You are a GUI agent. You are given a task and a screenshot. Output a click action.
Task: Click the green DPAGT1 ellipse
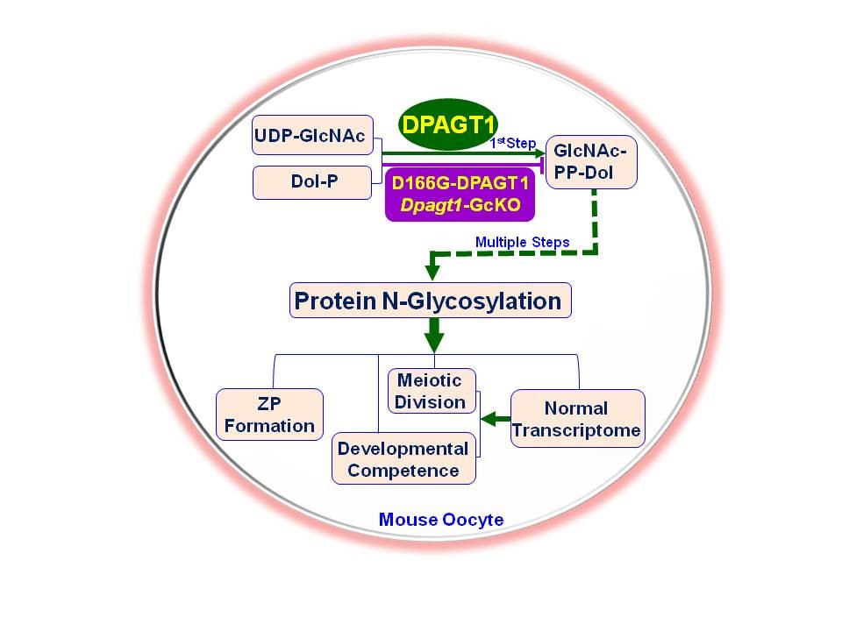tap(448, 124)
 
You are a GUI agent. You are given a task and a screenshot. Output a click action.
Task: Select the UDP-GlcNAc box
tap(312, 135)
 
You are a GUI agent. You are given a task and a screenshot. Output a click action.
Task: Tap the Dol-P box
tap(312, 182)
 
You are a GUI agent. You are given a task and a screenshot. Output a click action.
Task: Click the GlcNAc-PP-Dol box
tap(591, 162)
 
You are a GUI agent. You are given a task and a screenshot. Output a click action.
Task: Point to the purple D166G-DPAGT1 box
tap(460, 195)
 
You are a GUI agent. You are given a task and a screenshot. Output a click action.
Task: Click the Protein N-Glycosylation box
tap(430, 301)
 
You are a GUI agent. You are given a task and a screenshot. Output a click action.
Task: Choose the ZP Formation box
tap(269, 415)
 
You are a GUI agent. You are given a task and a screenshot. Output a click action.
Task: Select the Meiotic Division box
tap(432, 391)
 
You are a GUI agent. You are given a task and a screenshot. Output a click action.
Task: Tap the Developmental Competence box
tap(403, 458)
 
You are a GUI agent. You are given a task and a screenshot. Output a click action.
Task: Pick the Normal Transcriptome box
tap(578, 419)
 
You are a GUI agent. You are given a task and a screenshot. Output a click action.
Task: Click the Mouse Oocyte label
tap(441, 520)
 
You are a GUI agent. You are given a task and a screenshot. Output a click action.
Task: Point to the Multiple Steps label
tap(523, 242)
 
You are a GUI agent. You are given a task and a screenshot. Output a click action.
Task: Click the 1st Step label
tap(513, 143)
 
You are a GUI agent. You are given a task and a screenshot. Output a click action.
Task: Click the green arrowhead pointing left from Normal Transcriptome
tap(488, 419)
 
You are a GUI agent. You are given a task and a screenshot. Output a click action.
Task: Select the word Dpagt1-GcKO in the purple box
tap(460, 205)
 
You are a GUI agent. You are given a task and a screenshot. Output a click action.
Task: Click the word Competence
tap(403, 471)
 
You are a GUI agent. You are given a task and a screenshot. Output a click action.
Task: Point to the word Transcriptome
tap(576, 430)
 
